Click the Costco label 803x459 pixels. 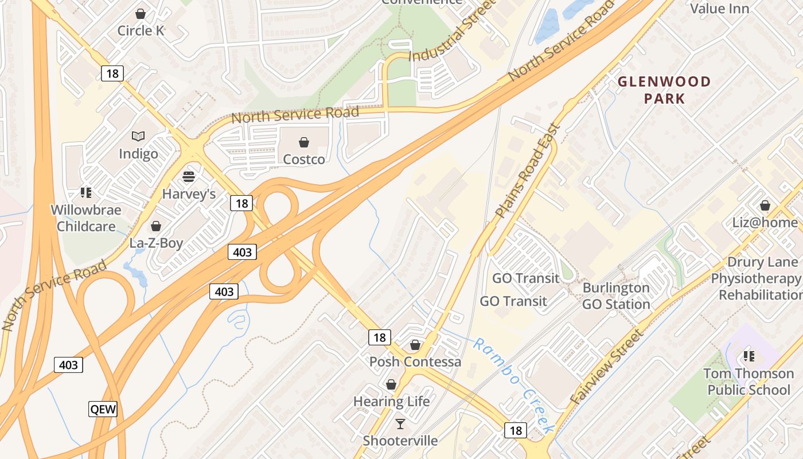pos(304,159)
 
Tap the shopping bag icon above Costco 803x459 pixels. pos(304,142)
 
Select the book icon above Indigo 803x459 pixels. pos(138,137)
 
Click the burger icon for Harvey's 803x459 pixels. pos(189,176)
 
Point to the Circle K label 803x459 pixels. pos(141,30)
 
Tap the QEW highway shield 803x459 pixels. pos(103,409)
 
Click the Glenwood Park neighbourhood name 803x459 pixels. pos(664,90)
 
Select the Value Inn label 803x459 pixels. pos(720,9)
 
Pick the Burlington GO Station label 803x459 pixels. pos(616,295)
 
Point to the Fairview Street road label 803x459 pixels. pos(607,367)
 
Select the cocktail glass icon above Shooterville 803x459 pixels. pos(400,424)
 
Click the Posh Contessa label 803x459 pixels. pos(415,361)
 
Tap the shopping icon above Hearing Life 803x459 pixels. pos(391,384)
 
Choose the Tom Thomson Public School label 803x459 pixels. pos(749,382)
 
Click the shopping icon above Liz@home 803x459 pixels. pos(765,205)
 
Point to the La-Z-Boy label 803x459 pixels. pos(156,243)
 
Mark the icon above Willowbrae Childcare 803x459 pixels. pos(86,193)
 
